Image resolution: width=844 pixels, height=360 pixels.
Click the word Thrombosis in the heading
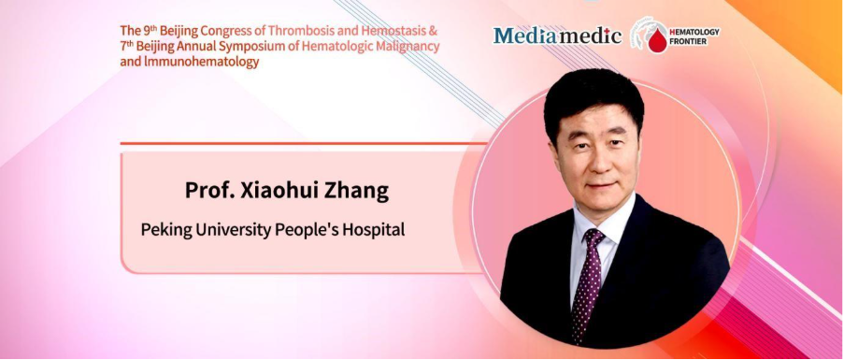(x=296, y=30)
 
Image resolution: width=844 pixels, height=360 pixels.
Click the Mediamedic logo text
(x=558, y=36)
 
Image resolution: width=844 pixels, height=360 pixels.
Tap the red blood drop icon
(x=657, y=40)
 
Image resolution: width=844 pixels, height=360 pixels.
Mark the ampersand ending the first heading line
(x=435, y=30)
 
